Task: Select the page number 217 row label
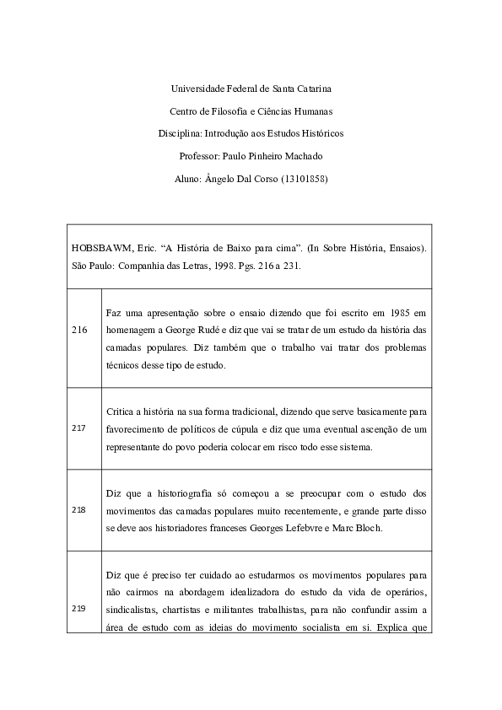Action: [x=79, y=428]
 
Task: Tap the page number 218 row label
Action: [x=79, y=510]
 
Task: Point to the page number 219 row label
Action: [x=79, y=608]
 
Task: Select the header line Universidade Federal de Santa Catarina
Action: [x=251, y=88]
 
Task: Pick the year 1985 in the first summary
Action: [x=394, y=314]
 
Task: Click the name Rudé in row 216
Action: [x=208, y=330]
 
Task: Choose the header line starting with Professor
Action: [x=251, y=156]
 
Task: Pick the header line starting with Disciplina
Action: [x=251, y=133]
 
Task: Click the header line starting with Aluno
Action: [x=251, y=179]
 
